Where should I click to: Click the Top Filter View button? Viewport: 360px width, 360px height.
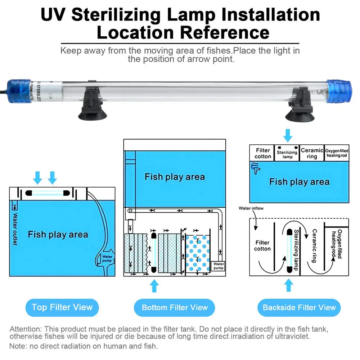(62, 307)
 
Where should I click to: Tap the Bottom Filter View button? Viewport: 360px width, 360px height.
(175, 308)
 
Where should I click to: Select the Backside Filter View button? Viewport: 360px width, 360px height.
(299, 308)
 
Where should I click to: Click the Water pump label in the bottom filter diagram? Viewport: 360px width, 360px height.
(218, 266)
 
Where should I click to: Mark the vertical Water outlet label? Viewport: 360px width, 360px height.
(15, 229)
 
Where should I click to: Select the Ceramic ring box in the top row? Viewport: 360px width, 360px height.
(312, 153)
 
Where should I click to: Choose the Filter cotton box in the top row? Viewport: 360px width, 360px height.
(263, 153)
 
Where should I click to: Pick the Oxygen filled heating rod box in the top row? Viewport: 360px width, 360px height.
(337, 153)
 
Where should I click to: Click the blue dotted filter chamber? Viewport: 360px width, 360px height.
(198, 254)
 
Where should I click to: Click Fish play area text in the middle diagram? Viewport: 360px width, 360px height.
(175, 177)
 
